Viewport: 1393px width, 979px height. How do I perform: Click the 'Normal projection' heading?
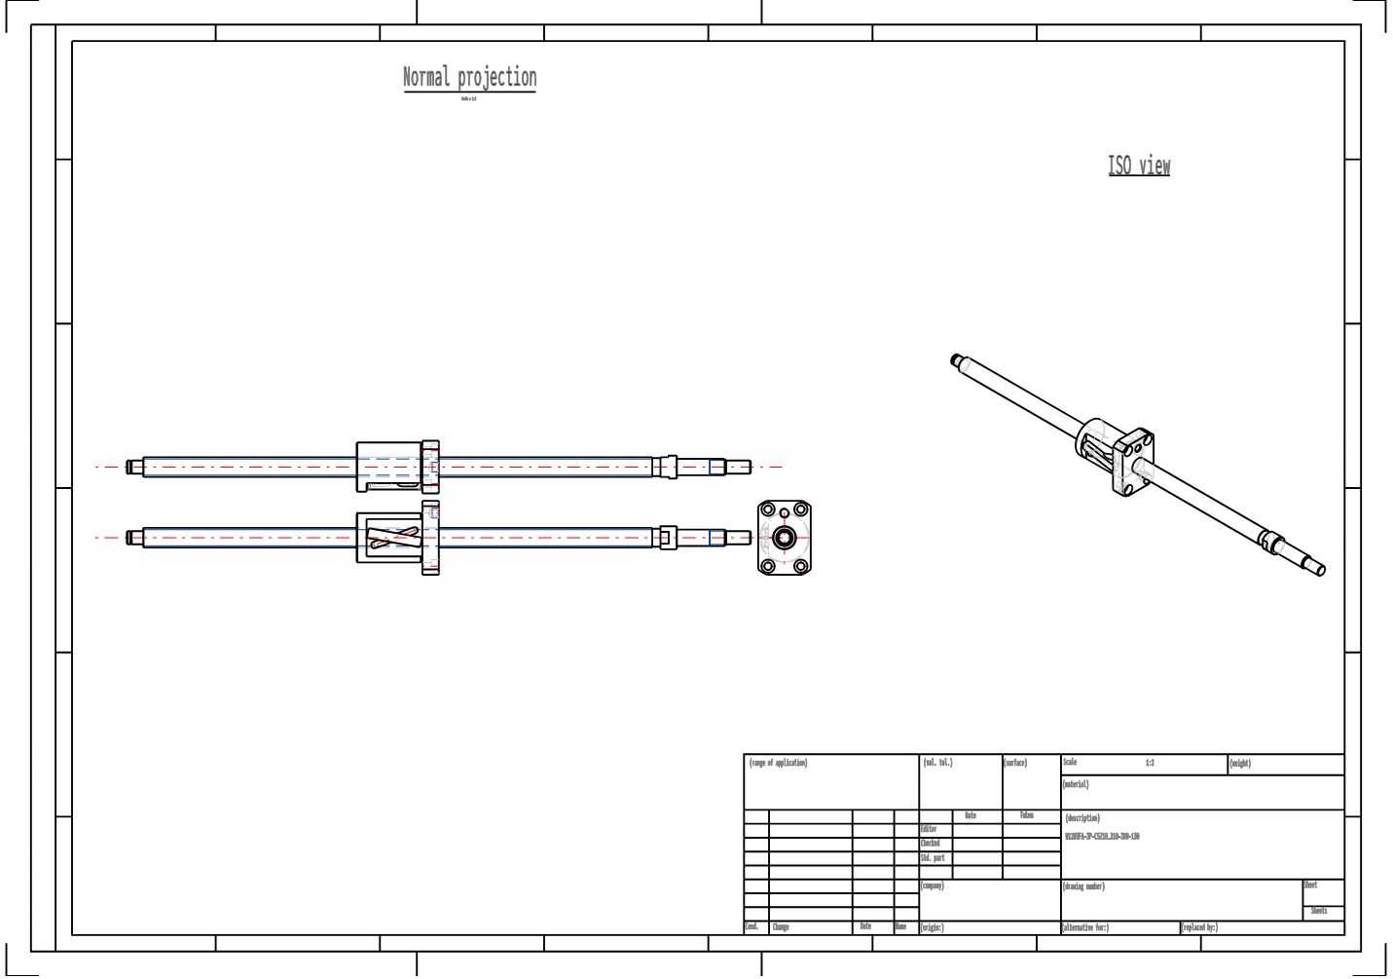[469, 78]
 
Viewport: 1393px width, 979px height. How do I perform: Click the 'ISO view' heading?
[1139, 166]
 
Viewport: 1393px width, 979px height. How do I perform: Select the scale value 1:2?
[1150, 764]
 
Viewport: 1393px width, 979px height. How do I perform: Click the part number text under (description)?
[1102, 837]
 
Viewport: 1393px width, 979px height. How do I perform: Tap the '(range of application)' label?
[778, 764]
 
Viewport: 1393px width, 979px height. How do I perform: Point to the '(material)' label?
[1076, 785]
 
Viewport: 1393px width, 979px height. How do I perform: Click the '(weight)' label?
[1240, 765]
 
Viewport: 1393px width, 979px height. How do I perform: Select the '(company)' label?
[933, 886]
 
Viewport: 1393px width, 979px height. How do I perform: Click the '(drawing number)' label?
[1083, 887]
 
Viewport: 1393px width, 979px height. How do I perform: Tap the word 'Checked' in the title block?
[931, 844]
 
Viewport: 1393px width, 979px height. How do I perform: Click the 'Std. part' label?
[933, 858]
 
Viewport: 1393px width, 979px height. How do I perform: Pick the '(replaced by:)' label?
[1199, 928]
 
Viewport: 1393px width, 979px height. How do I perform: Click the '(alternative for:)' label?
[1085, 928]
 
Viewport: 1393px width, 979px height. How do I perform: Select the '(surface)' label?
[1015, 764]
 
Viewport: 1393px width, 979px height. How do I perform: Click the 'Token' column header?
[1026, 816]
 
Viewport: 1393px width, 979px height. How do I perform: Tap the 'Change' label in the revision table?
[781, 927]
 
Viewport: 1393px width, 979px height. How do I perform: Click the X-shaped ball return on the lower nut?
[393, 538]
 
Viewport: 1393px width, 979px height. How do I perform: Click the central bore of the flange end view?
[784, 538]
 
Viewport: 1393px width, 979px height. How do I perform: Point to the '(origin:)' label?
[933, 928]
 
